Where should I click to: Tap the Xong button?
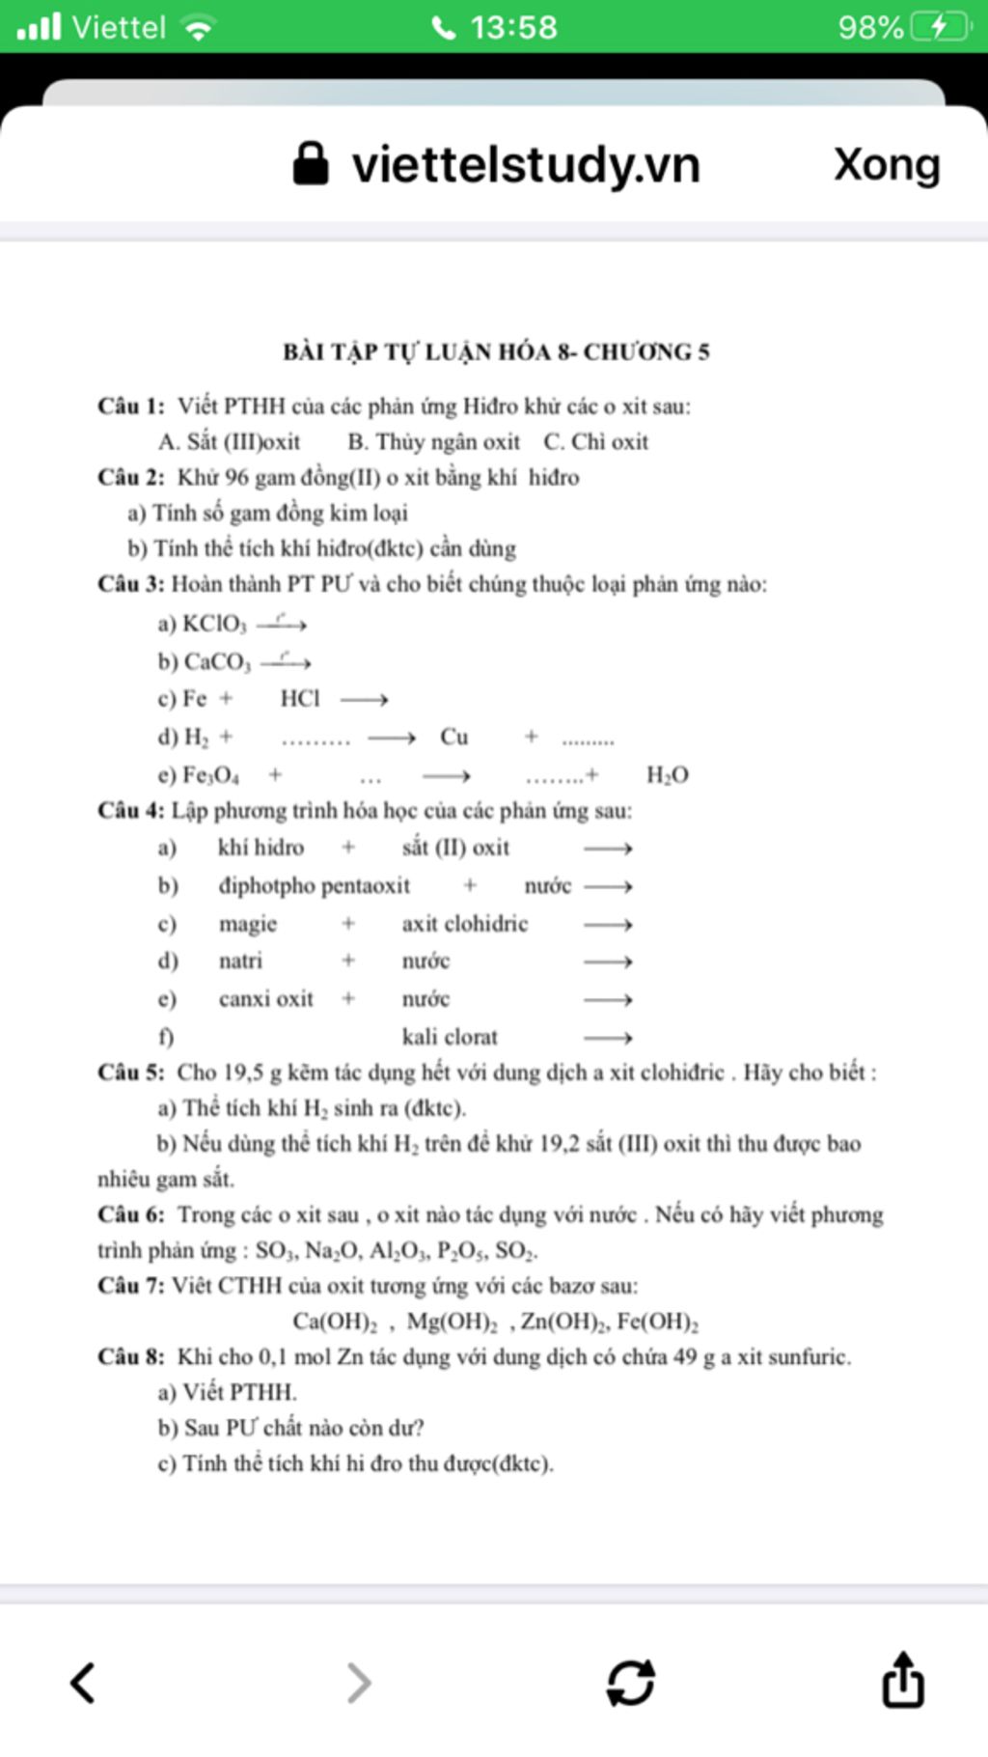coord(887,165)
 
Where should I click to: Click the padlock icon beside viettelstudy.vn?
coord(310,164)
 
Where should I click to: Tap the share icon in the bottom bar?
coord(903,1681)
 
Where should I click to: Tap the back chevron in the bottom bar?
coord(83,1683)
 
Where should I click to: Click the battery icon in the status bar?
coord(941,27)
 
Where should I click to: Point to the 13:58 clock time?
coord(513,27)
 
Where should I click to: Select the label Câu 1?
coord(131,406)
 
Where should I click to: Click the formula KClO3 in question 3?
coord(214,625)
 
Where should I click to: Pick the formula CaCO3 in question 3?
coord(217,662)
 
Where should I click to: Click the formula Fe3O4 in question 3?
coord(211,775)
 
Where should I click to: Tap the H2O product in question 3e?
coord(667,775)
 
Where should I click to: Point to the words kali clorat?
coord(450,1037)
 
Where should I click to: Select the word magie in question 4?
coord(248,924)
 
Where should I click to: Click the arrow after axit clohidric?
coord(608,925)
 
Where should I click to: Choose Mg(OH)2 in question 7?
coord(452,1322)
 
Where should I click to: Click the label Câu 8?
coord(131,1357)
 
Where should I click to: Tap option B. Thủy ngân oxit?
coord(433,442)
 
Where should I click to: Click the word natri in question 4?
coord(240,961)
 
